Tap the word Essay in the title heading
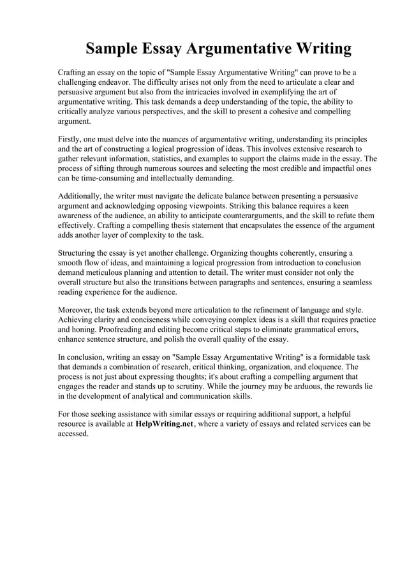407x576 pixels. pos(149,49)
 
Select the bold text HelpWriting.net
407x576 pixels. pos(164,424)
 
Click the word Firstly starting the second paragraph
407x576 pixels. pos(71,139)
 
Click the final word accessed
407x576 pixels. pos(73,433)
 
